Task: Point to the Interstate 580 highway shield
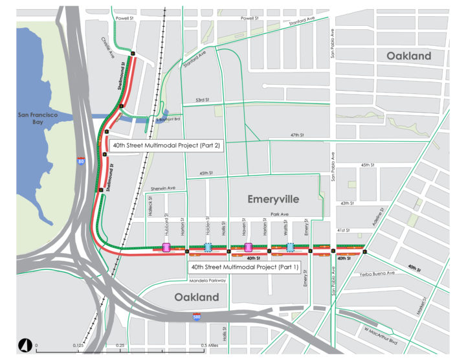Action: click(196, 317)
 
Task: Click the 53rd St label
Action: click(204, 100)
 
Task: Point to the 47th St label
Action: click(296, 135)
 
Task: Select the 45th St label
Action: click(206, 174)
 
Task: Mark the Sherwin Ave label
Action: click(163, 188)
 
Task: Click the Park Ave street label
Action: click(280, 214)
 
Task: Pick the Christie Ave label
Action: click(107, 47)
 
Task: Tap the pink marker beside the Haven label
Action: click(248, 247)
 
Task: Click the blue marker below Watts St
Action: click(291, 247)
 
